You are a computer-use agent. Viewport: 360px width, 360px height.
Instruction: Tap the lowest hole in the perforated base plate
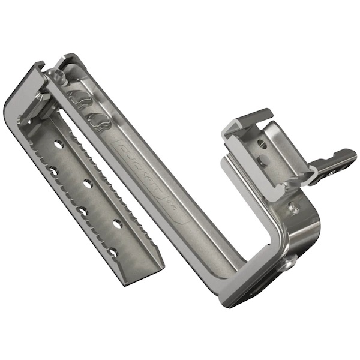pyautogui.click(x=112, y=252)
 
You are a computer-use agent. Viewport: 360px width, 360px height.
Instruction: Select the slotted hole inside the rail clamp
pyautogui.click(x=262, y=144)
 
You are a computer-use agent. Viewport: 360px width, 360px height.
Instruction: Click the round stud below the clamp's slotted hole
pyautogui.click(x=263, y=161)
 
